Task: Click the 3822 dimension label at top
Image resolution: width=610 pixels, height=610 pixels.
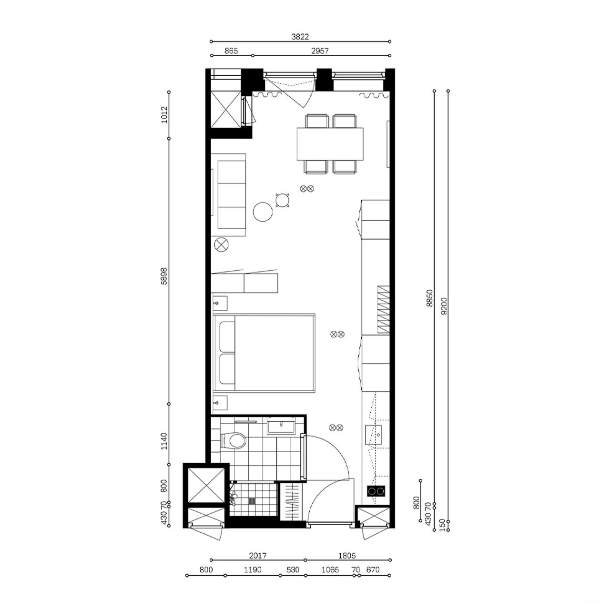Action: [300, 36]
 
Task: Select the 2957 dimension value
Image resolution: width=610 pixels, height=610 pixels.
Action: [320, 51]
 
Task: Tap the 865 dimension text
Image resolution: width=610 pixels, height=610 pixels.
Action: [231, 51]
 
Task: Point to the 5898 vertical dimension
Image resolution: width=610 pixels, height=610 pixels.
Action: [164, 276]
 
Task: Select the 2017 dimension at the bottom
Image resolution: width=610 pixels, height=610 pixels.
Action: [258, 556]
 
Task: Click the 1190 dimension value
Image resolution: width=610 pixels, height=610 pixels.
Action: [253, 570]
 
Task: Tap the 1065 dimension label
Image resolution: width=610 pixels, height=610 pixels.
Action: [330, 570]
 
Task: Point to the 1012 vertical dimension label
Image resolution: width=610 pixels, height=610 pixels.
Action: [164, 115]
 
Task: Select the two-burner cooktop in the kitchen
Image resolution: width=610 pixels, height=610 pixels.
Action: [376, 491]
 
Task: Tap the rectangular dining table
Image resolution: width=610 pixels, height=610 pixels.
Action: [330, 144]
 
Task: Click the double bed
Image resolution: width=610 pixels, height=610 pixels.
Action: [265, 353]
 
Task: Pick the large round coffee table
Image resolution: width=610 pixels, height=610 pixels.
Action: [263, 212]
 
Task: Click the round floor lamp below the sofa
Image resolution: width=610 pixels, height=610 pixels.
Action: [222, 245]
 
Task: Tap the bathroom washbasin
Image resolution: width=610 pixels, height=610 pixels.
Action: [281, 425]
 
